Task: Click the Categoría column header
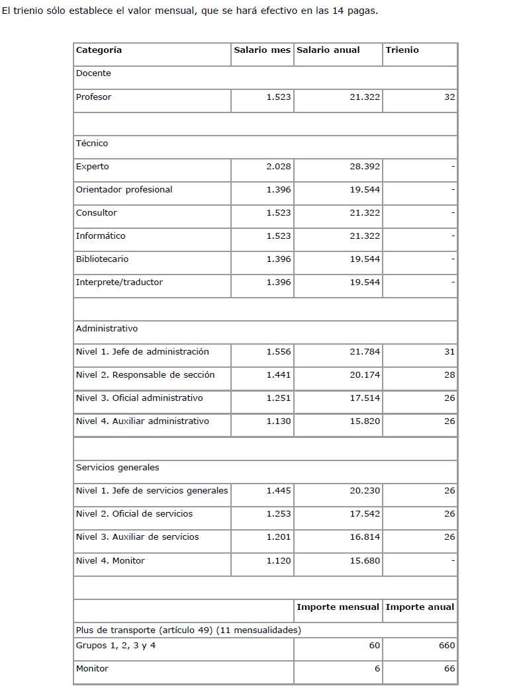99,50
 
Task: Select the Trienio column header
402,50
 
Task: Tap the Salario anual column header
328,50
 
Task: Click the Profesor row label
93,97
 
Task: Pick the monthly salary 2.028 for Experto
279,167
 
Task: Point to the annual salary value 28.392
365,167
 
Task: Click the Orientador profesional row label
124,190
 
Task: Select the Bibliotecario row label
102,259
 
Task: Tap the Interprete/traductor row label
119,282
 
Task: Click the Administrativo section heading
107,329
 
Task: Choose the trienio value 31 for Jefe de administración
449,352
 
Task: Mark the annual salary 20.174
365,375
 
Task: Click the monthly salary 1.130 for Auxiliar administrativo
279,421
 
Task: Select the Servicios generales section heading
117,468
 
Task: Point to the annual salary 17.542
365,514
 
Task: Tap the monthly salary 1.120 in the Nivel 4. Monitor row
279,561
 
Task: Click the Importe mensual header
338,607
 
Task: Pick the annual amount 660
447,646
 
